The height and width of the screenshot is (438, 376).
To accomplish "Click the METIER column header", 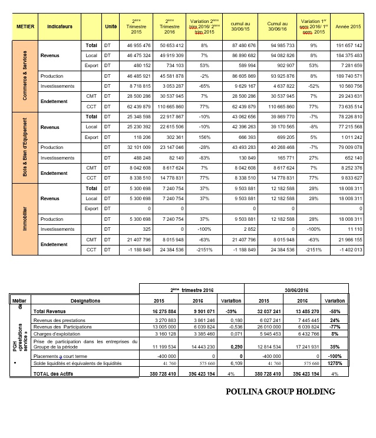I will (24, 27).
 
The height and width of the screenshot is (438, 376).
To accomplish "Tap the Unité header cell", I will (110, 27).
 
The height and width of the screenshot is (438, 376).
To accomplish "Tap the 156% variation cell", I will (205, 137).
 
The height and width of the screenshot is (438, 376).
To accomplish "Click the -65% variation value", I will (205, 86).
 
